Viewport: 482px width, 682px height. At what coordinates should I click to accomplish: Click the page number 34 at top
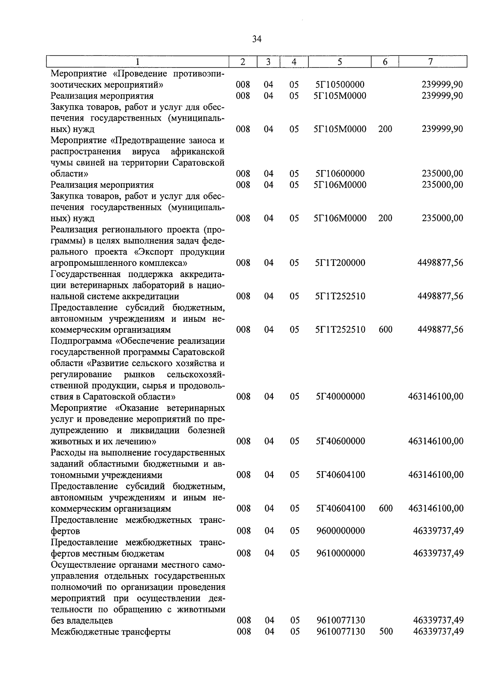(x=257, y=39)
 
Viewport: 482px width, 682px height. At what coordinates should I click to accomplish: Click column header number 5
(x=340, y=62)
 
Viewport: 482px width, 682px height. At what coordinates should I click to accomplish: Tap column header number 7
(x=431, y=62)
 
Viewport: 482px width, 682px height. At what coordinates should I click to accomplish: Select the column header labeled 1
(x=138, y=62)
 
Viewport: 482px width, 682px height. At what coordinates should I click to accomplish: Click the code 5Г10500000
(x=340, y=85)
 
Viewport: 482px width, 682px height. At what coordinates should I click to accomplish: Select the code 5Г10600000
(x=340, y=174)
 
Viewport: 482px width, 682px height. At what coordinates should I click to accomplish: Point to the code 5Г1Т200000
(x=340, y=263)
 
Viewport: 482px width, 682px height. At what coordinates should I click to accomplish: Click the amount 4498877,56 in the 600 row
(x=440, y=330)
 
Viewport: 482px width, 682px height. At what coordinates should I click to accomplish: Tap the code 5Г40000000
(x=340, y=396)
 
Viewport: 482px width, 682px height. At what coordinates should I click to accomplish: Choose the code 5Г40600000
(x=340, y=441)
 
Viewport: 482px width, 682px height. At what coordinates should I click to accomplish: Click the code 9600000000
(x=340, y=531)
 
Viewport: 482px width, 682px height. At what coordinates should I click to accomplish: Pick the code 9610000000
(x=340, y=553)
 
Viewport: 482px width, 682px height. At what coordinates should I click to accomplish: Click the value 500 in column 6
(x=386, y=632)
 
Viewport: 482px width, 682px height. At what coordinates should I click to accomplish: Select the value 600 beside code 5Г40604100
(x=386, y=509)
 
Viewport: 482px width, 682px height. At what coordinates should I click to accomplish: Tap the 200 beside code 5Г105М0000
(x=385, y=129)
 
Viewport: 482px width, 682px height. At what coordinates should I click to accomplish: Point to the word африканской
(x=198, y=152)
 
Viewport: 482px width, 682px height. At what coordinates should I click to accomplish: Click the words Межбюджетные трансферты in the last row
(x=111, y=632)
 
